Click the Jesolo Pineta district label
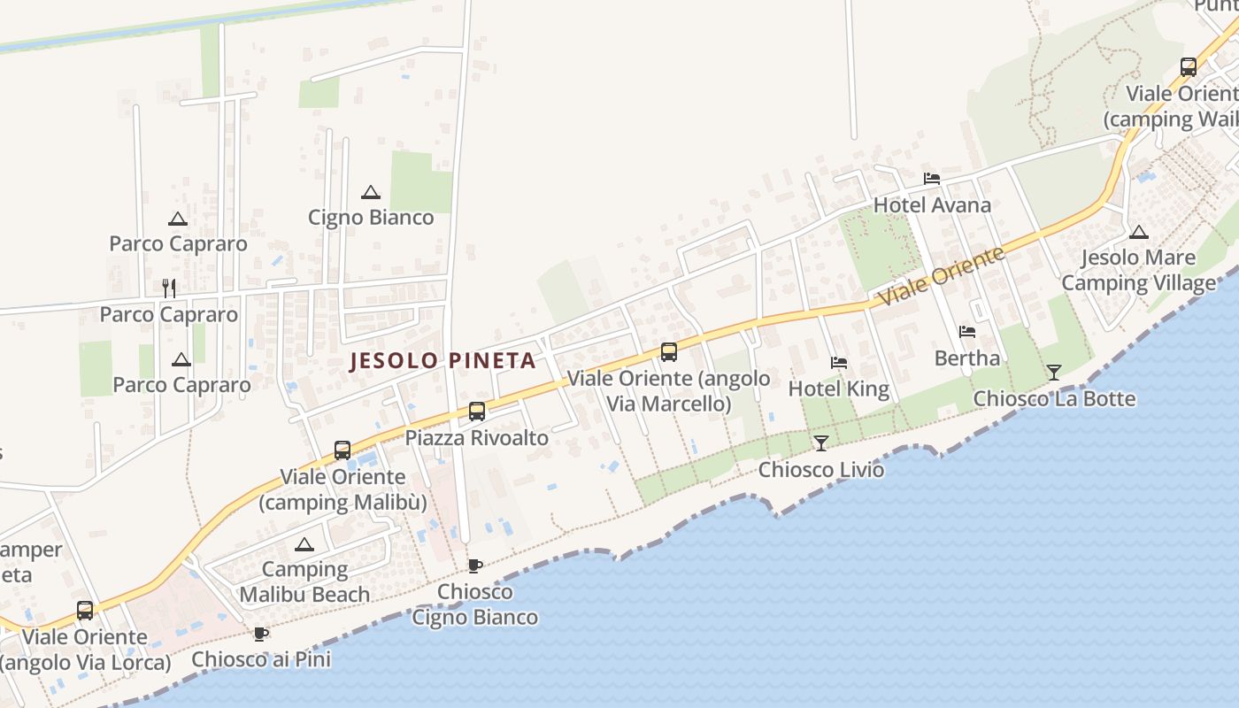(443, 361)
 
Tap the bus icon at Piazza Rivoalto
(477, 412)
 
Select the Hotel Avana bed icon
(932, 179)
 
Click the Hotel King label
(838, 389)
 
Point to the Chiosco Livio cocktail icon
(821, 442)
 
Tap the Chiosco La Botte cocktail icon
(1054, 373)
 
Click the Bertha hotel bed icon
(967, 332)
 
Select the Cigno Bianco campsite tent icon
(371, 192)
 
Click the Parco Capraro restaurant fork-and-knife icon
(169, 288)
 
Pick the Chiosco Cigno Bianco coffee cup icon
(475, 566)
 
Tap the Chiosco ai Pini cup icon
(261, 634)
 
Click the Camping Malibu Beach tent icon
(304, 544)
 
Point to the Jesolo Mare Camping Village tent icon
(1139, 233)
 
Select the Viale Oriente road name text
(943, 277)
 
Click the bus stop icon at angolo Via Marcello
(669, 352)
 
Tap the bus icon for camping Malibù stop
(342, 450)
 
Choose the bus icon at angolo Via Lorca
(85, 611)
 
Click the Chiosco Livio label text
(821, 469)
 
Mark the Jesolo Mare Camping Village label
(1139, 271)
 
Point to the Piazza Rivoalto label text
(477, 438)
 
